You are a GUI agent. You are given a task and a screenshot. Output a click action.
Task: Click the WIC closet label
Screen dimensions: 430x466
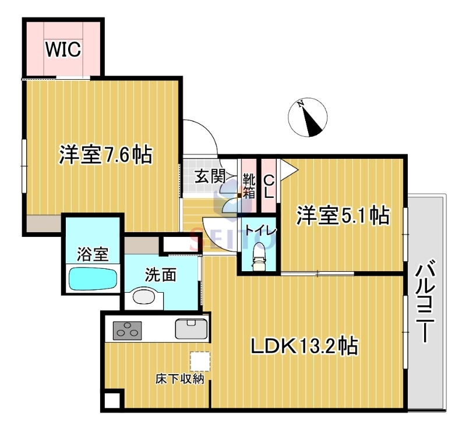pos(63,50)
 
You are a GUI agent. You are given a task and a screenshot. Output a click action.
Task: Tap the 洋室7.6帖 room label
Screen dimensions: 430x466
pos(105,155)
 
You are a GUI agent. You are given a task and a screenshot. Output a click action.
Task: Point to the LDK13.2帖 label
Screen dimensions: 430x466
pos(304,346)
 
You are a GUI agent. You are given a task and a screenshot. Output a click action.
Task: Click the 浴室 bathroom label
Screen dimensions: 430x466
pos(93,254)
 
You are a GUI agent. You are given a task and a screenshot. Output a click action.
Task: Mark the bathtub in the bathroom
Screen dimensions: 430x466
pos(93,278)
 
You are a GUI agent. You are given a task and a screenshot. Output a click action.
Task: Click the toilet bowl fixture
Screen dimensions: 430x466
pos(259,254)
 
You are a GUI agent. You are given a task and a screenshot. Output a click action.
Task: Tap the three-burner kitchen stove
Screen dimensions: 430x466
pos(128,330)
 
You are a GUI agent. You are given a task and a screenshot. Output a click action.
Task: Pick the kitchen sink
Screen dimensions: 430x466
pos(192,329)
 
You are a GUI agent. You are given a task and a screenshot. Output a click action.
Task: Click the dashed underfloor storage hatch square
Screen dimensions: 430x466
pos(199,361)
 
